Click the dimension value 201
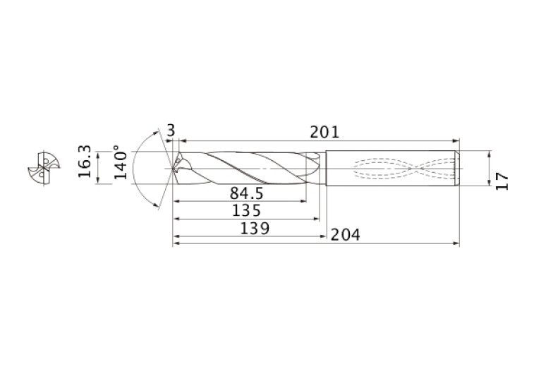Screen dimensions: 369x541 [324, 132]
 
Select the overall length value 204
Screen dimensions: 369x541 [346, 235]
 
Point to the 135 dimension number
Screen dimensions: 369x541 [246, 210]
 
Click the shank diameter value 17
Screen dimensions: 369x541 [502, 181]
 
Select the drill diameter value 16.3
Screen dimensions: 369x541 [85, 162]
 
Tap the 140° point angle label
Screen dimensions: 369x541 [121, 164]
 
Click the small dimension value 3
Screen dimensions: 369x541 [171, 130]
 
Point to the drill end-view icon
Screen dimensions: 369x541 [40, 169]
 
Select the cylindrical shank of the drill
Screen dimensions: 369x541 [391, 169]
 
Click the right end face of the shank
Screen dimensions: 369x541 [458, 169]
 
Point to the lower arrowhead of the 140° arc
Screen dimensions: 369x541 [155, 205]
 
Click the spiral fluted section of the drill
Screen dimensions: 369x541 [247, 169]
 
